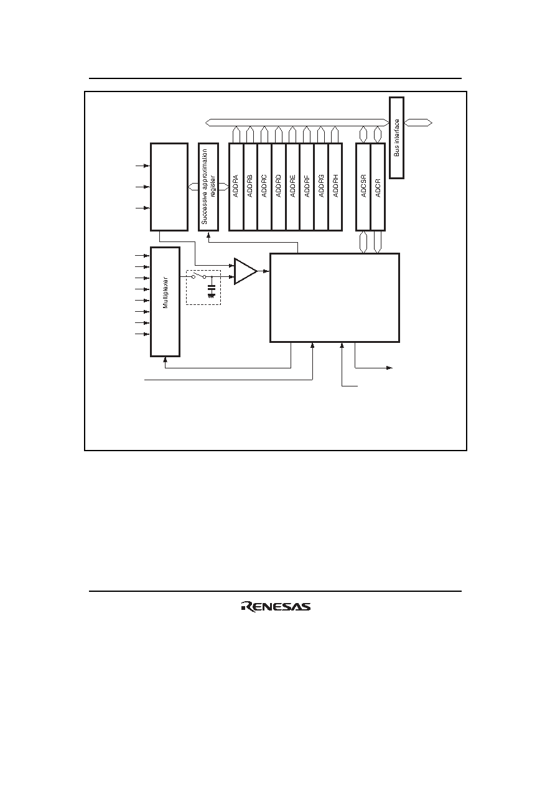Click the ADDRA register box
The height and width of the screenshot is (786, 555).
click(x=236, y=187)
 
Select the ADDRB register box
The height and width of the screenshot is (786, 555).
click(x=250, y=187)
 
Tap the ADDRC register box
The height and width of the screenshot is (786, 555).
click(x=264, y=187)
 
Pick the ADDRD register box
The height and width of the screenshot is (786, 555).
click(x=279, y=187)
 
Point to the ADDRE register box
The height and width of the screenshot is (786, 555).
click(x=293, y=187)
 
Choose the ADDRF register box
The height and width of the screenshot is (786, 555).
click(x=307, y=187)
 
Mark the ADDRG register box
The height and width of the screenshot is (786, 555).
click(x=321, y=187)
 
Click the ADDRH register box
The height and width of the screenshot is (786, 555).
click(x=335, y=187)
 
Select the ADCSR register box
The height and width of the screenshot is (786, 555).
click(x=363, y=187)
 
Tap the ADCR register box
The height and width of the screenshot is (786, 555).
click(x=378, y=187)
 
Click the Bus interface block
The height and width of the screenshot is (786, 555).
click(x=397, y=138)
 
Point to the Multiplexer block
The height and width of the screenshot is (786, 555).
click(x=166, y=302)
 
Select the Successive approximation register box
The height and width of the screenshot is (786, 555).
click(x=208, y=187)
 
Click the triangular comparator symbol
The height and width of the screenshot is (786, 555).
click(x=246, y=271)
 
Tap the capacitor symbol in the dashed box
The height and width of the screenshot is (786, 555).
click(x=211, y=291)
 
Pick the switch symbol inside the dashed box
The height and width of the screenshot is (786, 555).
click(x=199, y=276)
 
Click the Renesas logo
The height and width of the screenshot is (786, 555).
click(x=276, y=607)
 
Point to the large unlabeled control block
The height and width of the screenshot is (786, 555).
click(x=335, y=297)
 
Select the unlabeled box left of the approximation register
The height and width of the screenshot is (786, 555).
click(x=169, y=187)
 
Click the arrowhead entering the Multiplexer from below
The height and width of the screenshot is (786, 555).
click(x=166, y=359)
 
